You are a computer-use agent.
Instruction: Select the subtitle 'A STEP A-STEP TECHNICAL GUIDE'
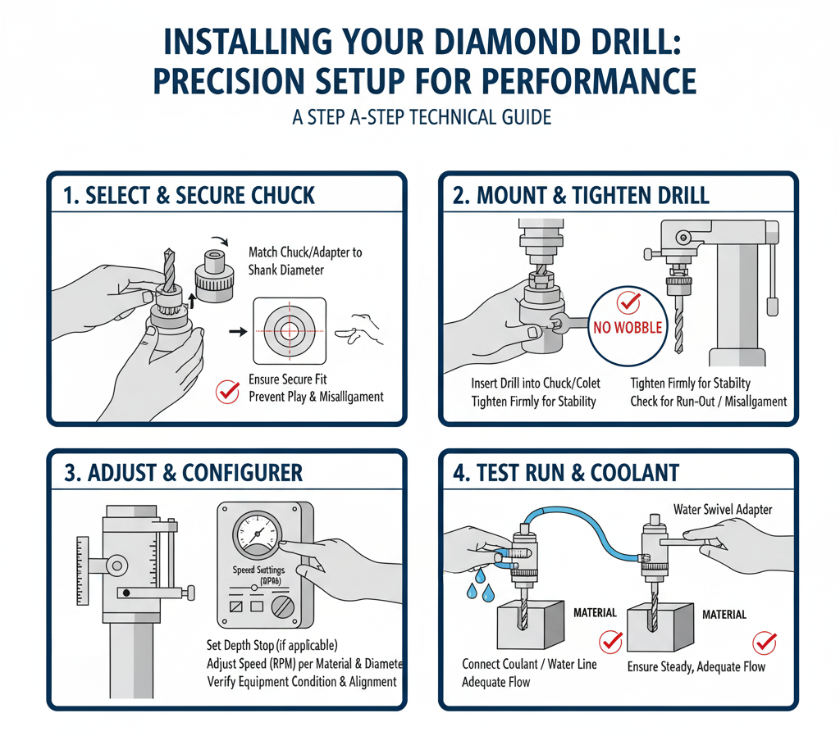coord(421,117)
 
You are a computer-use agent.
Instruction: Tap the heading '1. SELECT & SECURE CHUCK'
coord(189,195)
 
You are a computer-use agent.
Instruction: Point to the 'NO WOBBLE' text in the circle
coord(628,328)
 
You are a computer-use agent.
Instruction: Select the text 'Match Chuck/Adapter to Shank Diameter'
coord(304,261)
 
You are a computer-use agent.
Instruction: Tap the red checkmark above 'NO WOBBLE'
coord(628,302)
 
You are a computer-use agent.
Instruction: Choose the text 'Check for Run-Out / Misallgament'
coord(708,402)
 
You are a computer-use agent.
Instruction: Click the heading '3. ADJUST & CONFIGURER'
coord(183,473)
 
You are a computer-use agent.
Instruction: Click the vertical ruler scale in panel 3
coord(81,570)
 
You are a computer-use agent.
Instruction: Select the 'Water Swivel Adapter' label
coord(723,510)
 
